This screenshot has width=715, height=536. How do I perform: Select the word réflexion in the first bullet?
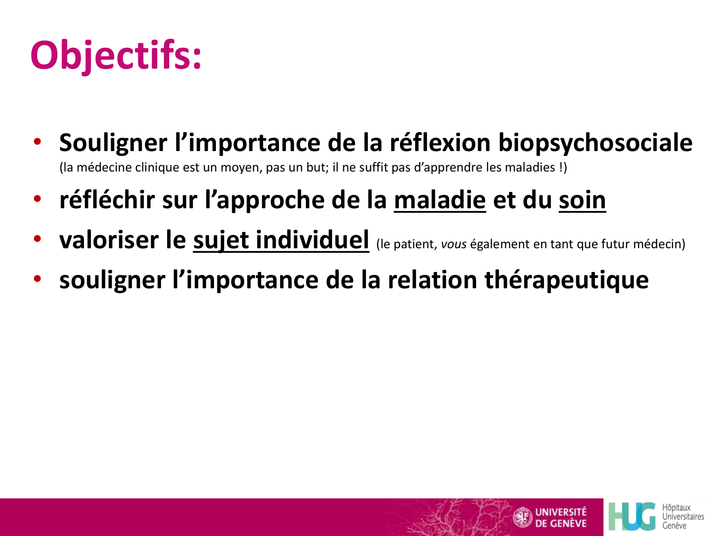point(440,143)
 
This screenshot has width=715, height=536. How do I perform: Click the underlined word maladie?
point(439,200)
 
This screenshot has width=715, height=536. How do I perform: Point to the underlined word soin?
point(582,200)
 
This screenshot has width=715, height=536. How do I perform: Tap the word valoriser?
point(108,240)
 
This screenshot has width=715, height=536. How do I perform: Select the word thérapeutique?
point(566,280)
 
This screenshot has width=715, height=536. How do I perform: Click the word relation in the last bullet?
point(432,280)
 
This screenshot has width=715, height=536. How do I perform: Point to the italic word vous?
point(453,244)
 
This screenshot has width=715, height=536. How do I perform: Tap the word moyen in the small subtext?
point(239,168)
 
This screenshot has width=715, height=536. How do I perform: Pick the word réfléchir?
point(107,200)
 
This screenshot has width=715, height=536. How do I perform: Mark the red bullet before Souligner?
point(37,142)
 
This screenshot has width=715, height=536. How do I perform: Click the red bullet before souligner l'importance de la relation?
point(37,280)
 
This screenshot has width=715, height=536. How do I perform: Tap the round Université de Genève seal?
point(522,517)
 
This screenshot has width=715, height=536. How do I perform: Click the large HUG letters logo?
point(632,516)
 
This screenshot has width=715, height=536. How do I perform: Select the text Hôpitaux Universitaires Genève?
point(683,516)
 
